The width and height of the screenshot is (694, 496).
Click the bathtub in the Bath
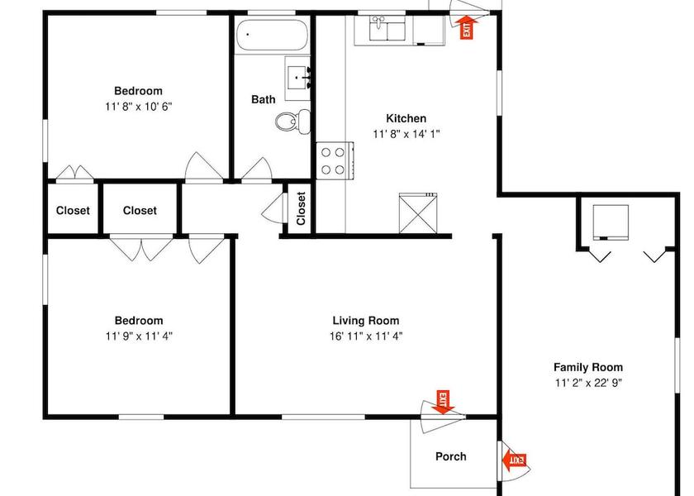pyautogui.click(x=272, y=35)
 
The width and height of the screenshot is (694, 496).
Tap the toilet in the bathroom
pyautogui.click(x=293, y=121)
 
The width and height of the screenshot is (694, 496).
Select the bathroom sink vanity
pyautogui.click(x=297, y=79)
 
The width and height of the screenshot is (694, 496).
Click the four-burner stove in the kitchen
pyautogui.click(x=335, y=160)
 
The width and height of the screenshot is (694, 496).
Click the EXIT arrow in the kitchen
pyautogui.click(x=467, y=27)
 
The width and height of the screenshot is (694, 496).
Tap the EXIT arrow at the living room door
pyautogui.click(x=443, y=402)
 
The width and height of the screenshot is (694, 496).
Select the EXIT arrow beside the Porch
pyautogui.click(x=514, y=461)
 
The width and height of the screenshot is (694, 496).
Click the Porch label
pyautogui.click(x=450, y=456)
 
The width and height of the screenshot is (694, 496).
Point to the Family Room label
pyautogui.click(x=588, y=367)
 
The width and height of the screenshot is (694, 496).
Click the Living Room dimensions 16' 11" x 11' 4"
pyautogui.click(x=366, y=336)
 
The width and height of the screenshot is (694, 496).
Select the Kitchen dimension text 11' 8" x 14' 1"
pyautogui.click(x=406, y=134)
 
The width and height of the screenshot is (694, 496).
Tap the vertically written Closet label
pyautogui.click(x=301, y=208)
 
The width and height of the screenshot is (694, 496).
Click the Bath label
pyautogui.click(x=264, y=99)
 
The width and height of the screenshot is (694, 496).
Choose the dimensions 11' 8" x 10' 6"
pyautogui.click(x=139, y=107)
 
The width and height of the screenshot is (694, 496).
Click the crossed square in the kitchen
pyautogui.click(x=418, y=213)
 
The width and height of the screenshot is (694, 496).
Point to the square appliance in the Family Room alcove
pyautogui.click(x=611, y=222)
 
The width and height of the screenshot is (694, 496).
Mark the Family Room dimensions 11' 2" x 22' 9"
pyautogui.click(x=588, y=383)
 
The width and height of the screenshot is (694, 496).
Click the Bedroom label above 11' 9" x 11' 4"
pyautogui.click(x=139, y=320)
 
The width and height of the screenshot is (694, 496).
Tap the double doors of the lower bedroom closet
pyautogui.click(x=141, y=249)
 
